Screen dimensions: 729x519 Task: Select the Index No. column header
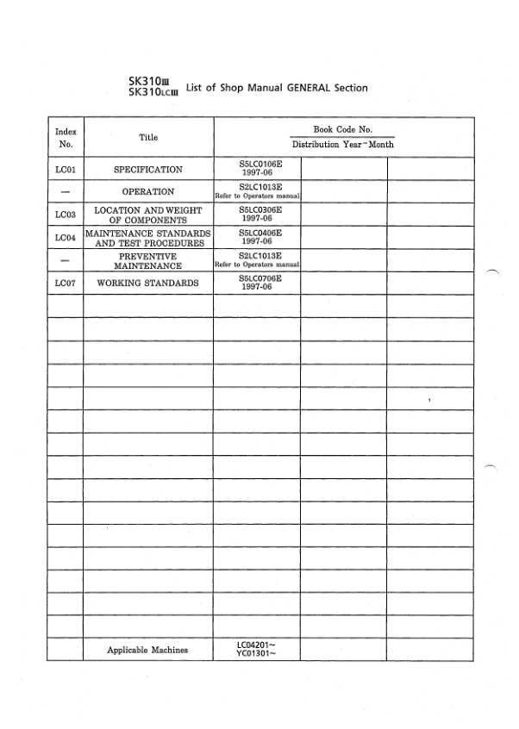tap(66, 138)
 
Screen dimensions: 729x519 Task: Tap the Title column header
tap(148, 138)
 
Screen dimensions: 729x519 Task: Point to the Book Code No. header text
tap(342, 129)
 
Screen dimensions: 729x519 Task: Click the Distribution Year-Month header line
tap(342, 145)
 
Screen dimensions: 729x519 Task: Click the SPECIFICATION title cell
tap(148, 170)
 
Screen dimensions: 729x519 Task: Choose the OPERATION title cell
tap(148, 192)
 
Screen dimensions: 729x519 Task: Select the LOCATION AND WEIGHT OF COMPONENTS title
tap(148, 215)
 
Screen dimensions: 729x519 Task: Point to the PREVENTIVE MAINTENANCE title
tap(148, 260)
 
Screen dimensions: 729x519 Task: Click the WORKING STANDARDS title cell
tap(148, 283)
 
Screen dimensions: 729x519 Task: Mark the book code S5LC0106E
tap(256, 164)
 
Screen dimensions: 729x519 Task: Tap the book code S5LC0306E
tap(256, 209)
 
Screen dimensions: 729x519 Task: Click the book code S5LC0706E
tap(256, 277)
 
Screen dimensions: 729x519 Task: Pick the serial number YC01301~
tap(256, 654)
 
